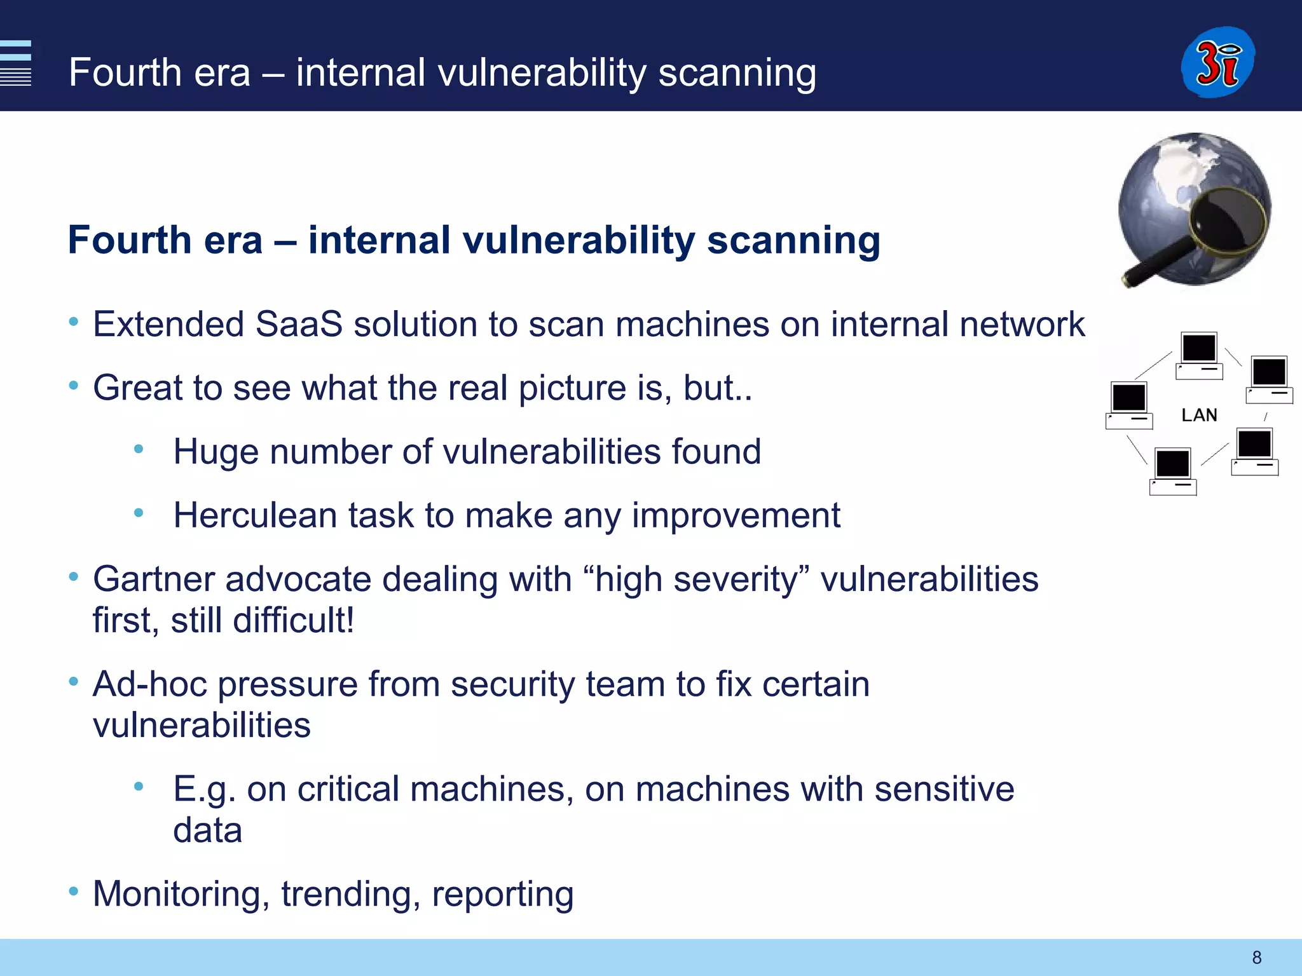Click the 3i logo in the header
click(x=1217, y=62)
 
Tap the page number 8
click(x=1256, y=957)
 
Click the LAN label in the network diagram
click(x=1199, y=415)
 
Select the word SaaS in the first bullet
click(x=298, y=324)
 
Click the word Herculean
click(x=255, y=515)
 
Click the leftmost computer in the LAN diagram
click(x=1129, y=405)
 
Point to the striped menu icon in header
click(x=16, y=63)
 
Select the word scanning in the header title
click(x=737, y=72)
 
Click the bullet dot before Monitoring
click(x=74, y=891)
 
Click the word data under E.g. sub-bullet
click(x=207, y=830)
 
